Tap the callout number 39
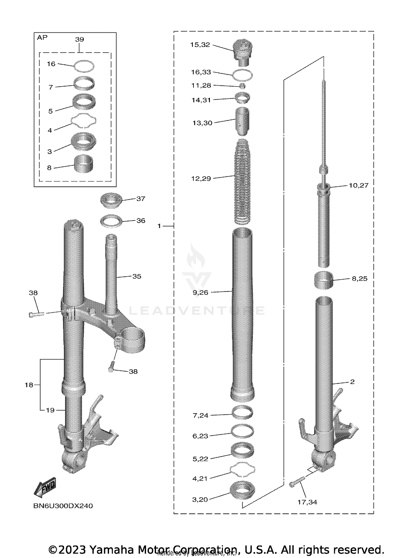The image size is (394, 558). pos(79,39)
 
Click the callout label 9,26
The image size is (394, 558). pos(200,293)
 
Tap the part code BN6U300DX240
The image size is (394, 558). pos(63,506)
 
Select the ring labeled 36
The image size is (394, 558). pos(111,221)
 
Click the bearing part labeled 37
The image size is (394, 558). pos(111,201)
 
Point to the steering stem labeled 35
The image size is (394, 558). pos(111,273)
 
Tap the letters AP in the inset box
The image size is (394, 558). pos(42,38)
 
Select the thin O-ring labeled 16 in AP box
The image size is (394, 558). pos(84,66)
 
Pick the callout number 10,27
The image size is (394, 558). pos(359,185)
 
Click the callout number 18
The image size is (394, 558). pos(29,385)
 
